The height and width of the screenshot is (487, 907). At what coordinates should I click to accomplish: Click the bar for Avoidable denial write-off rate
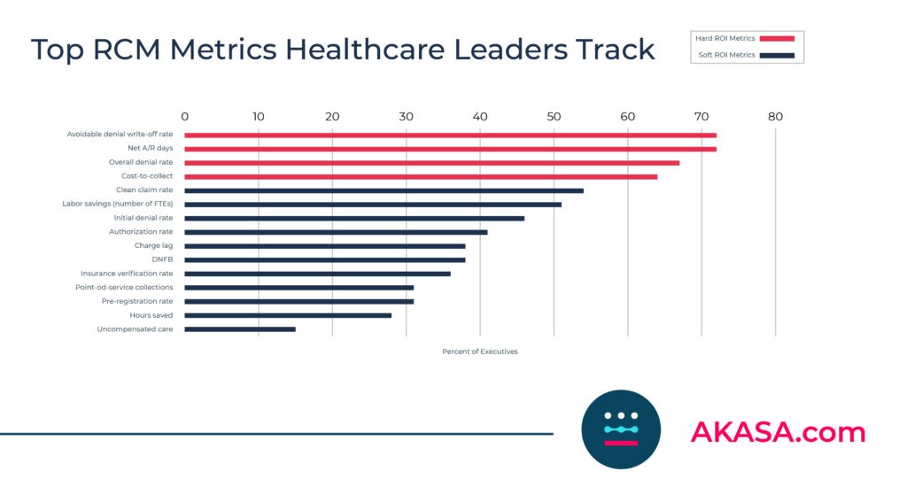click(x=450, y=135)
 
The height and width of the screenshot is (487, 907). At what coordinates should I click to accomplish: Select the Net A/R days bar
click(x=450, y=149)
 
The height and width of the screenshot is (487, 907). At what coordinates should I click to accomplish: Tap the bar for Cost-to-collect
click(x=421, y=176)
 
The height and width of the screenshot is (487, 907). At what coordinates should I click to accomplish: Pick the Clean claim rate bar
click(x=384, y=190)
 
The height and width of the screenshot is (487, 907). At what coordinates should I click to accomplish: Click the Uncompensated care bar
click(x=240, y=329)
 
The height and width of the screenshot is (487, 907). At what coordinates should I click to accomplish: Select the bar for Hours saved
click(x=288, y=315)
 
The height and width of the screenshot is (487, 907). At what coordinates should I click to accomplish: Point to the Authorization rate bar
click(x=336, y=232)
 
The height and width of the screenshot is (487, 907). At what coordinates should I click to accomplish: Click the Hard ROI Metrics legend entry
click(x=745, y=38)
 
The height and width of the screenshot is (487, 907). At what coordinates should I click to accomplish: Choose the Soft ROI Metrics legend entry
click(x=745, y=55)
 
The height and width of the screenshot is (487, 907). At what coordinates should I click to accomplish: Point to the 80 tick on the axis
click(x=775, y=116)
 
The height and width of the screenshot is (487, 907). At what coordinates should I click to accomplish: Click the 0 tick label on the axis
click(x=184, y=116)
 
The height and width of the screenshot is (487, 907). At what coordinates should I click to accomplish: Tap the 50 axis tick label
click(x=554, y=116)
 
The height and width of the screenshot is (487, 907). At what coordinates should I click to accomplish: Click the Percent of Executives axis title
click(x=479, y=352)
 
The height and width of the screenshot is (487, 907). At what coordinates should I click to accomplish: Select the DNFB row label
click(x=162, y=259)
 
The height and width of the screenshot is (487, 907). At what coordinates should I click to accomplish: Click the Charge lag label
click(x=153, y=245)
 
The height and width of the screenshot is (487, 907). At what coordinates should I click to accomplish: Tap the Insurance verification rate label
click(x=127, y=274)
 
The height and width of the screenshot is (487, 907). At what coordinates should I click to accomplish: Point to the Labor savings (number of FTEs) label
click(x=117, y=204)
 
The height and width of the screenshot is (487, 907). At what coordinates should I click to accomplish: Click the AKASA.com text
click(x=777, y=432)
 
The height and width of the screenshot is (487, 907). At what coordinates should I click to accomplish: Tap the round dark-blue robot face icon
click(x=621, y=429)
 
